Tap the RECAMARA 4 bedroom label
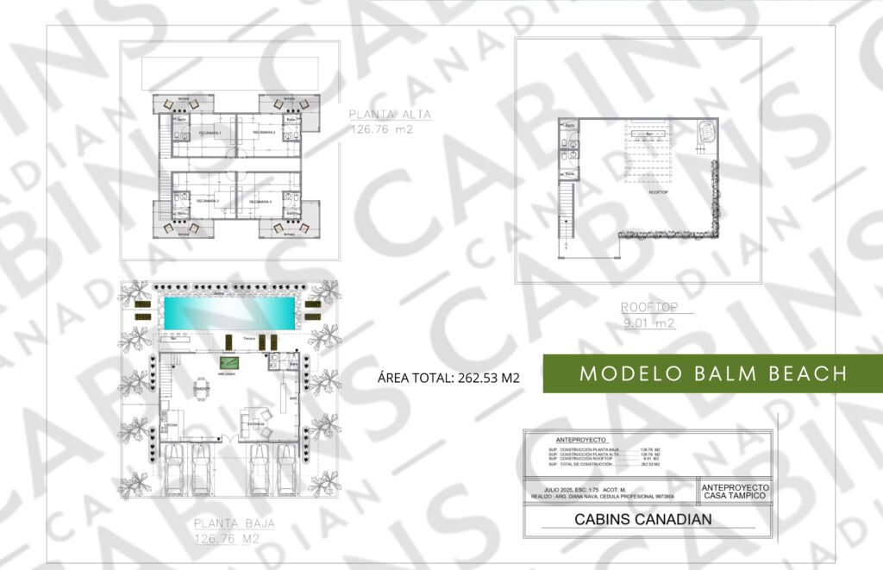[260, 201]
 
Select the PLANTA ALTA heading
[390, 115]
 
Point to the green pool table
[230, 362]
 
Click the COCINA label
[169, 426]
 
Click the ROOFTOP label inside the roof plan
[658, 193]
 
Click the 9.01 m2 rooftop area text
[648, 323]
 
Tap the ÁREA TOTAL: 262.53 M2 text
[448, 378]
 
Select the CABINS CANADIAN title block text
[643, 519]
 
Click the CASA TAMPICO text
[736, 495]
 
